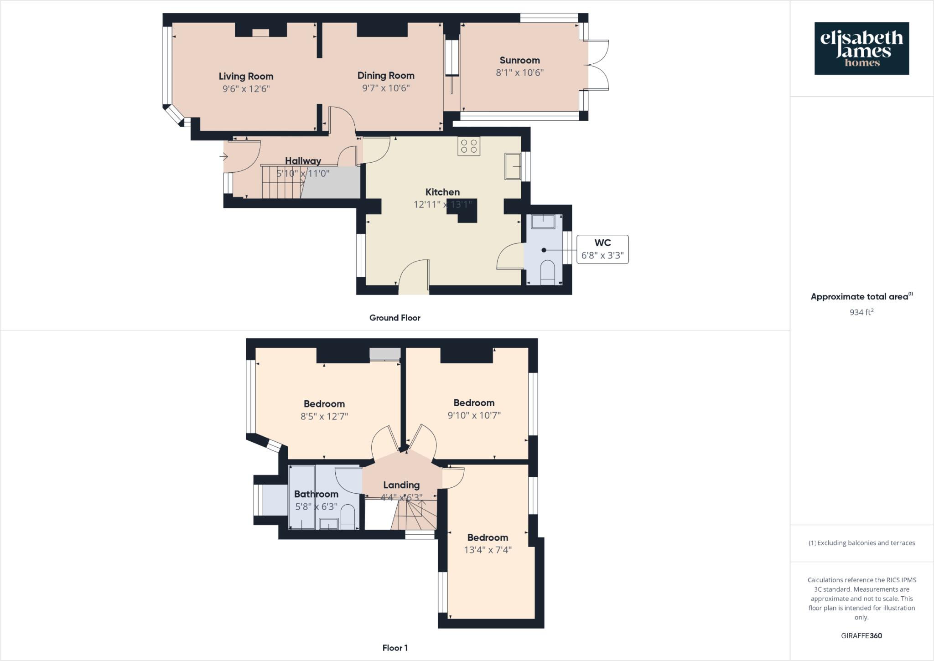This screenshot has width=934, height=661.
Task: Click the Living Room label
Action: click(x=246, y=76)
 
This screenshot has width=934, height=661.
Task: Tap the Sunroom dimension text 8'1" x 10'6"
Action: click(x=519, y=72)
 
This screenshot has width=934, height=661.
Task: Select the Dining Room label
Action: click(x=386, y=76)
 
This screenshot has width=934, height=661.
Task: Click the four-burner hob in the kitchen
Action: click(x=469, y=146)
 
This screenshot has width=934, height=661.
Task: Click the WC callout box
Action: click(x=602, y=249)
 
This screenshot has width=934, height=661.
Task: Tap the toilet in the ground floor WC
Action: click(x=547, y=273)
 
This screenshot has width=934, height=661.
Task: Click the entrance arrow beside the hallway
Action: click(x=223, y=157)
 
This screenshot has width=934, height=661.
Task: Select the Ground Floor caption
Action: click(x=394, y=318)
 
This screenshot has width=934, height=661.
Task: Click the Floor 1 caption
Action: click(x=395, y=648)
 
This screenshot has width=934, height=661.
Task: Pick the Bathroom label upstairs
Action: click(x=316, y=494)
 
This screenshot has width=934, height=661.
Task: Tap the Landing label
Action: click(x=401, y=485)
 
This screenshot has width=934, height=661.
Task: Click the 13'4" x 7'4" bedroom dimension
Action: click(x=488, y=550)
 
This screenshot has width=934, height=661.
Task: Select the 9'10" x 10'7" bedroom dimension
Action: click(x=474, y=415)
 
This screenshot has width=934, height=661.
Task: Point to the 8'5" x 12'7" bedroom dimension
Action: click(x=324, y=416)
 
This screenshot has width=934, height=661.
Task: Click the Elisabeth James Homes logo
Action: click(x=861, y=48)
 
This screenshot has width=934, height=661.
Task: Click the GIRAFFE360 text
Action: click(x=861, y=636)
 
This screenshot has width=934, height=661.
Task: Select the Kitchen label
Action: click(x=442, y=192)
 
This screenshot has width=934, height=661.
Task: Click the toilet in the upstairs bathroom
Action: click(x=348, y=517)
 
